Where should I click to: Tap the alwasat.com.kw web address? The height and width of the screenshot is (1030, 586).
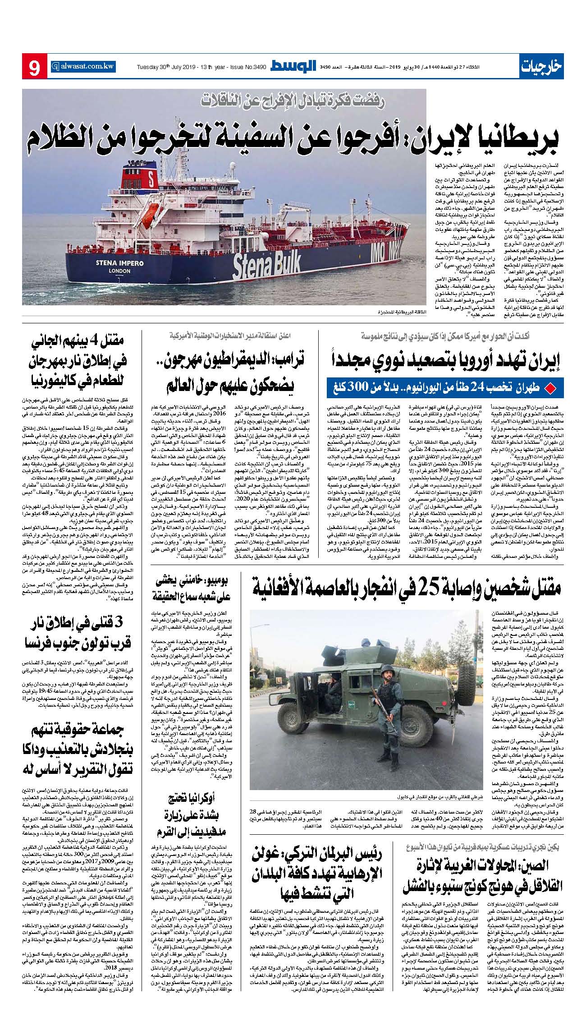coord(83,65)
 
